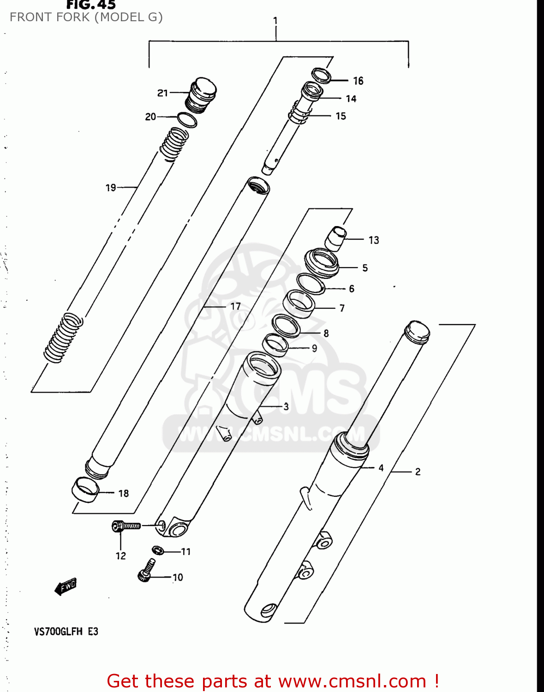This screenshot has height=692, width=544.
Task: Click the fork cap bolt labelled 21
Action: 201,95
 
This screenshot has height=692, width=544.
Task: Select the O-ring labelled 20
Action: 187,119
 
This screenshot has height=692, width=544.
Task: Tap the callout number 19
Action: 111,188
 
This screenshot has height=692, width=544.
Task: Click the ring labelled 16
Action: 321,75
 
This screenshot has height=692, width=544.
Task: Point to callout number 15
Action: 341,116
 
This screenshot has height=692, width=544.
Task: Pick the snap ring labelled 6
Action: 311,284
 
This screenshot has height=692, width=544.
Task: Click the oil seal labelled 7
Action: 299,303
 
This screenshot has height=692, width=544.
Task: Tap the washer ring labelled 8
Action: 286,325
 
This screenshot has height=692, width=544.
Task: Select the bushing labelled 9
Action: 275,345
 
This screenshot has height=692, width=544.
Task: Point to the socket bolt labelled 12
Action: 126,526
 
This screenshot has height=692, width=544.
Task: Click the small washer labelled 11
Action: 158,550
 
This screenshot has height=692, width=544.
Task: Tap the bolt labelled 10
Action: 146,571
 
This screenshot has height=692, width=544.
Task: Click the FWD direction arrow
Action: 66,587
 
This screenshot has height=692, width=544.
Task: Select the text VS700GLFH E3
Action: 66,632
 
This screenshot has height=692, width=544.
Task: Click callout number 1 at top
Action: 275,21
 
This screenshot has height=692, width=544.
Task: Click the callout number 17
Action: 235,306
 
